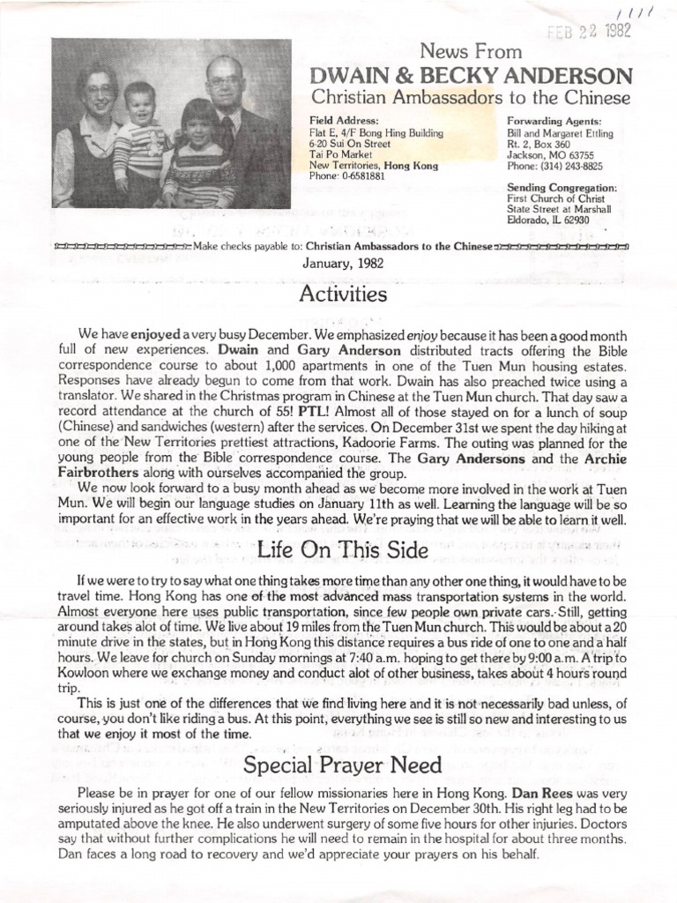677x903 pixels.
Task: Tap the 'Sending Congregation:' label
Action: coord(562,188)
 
